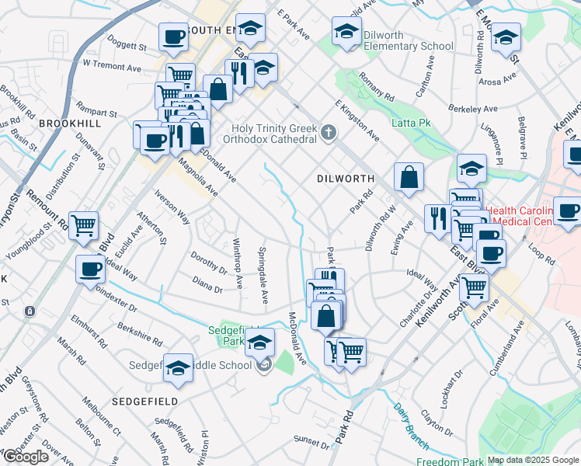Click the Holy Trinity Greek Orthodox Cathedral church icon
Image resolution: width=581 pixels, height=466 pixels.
click(x=329, y=133)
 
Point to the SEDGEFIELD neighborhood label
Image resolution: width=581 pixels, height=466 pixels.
click(x=145, y=402)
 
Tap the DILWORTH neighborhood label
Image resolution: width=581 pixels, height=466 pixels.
click(x=346, y=179)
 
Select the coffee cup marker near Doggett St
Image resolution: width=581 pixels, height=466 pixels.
click(x=173, y=37)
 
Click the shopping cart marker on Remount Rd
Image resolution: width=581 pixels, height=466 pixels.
click(x=83, y=226)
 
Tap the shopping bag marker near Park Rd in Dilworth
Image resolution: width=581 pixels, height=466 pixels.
click(x=409, y=178)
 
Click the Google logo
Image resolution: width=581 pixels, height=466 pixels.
click(x=26, y=457)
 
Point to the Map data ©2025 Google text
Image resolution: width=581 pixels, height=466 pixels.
click(x=532, y=461)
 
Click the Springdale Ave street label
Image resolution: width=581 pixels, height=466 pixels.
click(x=263, y=275)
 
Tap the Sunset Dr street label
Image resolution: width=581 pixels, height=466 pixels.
click(x=312, y=442)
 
